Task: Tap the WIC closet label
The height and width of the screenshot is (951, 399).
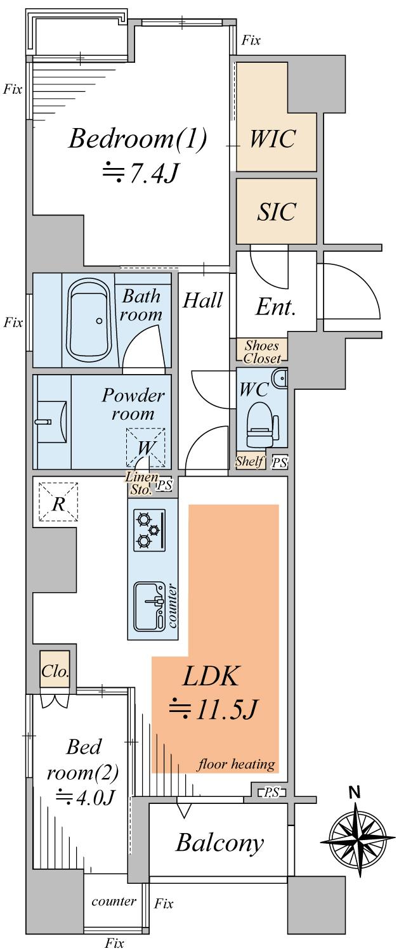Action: click(273, 138)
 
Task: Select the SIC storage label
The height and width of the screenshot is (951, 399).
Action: click(277, 211)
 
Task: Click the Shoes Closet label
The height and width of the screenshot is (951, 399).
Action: click(262, 352)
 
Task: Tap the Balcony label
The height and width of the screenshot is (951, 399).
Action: click(219, 843)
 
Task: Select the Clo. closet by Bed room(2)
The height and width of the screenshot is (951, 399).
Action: click(55, 671)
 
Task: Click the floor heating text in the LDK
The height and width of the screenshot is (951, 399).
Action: click(236, 763)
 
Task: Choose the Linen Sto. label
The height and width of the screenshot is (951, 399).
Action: click(141, 482)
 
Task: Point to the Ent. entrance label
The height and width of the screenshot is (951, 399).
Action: click(276, 308)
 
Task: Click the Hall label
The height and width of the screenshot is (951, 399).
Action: click(203, 300)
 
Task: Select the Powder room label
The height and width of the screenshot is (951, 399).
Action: click(133, 404)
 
